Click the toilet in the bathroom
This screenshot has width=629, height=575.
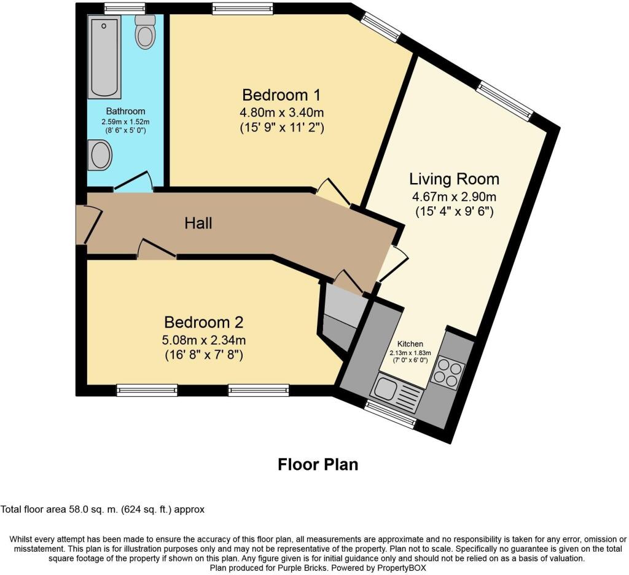pos(145,32)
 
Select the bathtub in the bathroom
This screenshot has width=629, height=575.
pos(104,57)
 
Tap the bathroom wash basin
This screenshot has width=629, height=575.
pos(100,155)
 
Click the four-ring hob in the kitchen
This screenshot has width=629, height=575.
pos(448,372)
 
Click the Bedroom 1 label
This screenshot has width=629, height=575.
pos(281,95)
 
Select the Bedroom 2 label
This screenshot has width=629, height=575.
pos(204,322)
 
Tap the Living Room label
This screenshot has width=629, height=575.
pos(454,179)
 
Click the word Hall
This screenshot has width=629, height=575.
pos(198,223)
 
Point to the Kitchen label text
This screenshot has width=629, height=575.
pos(410,344)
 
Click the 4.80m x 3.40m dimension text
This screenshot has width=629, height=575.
pos(281,112)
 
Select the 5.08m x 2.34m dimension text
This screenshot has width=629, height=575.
pos(204,340)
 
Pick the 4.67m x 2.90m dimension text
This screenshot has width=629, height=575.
pos(454,197)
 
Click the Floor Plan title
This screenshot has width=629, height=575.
pos(318,464)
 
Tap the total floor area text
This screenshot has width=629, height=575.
pos(103,510)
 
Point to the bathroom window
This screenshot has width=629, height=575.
pos(124,9)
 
